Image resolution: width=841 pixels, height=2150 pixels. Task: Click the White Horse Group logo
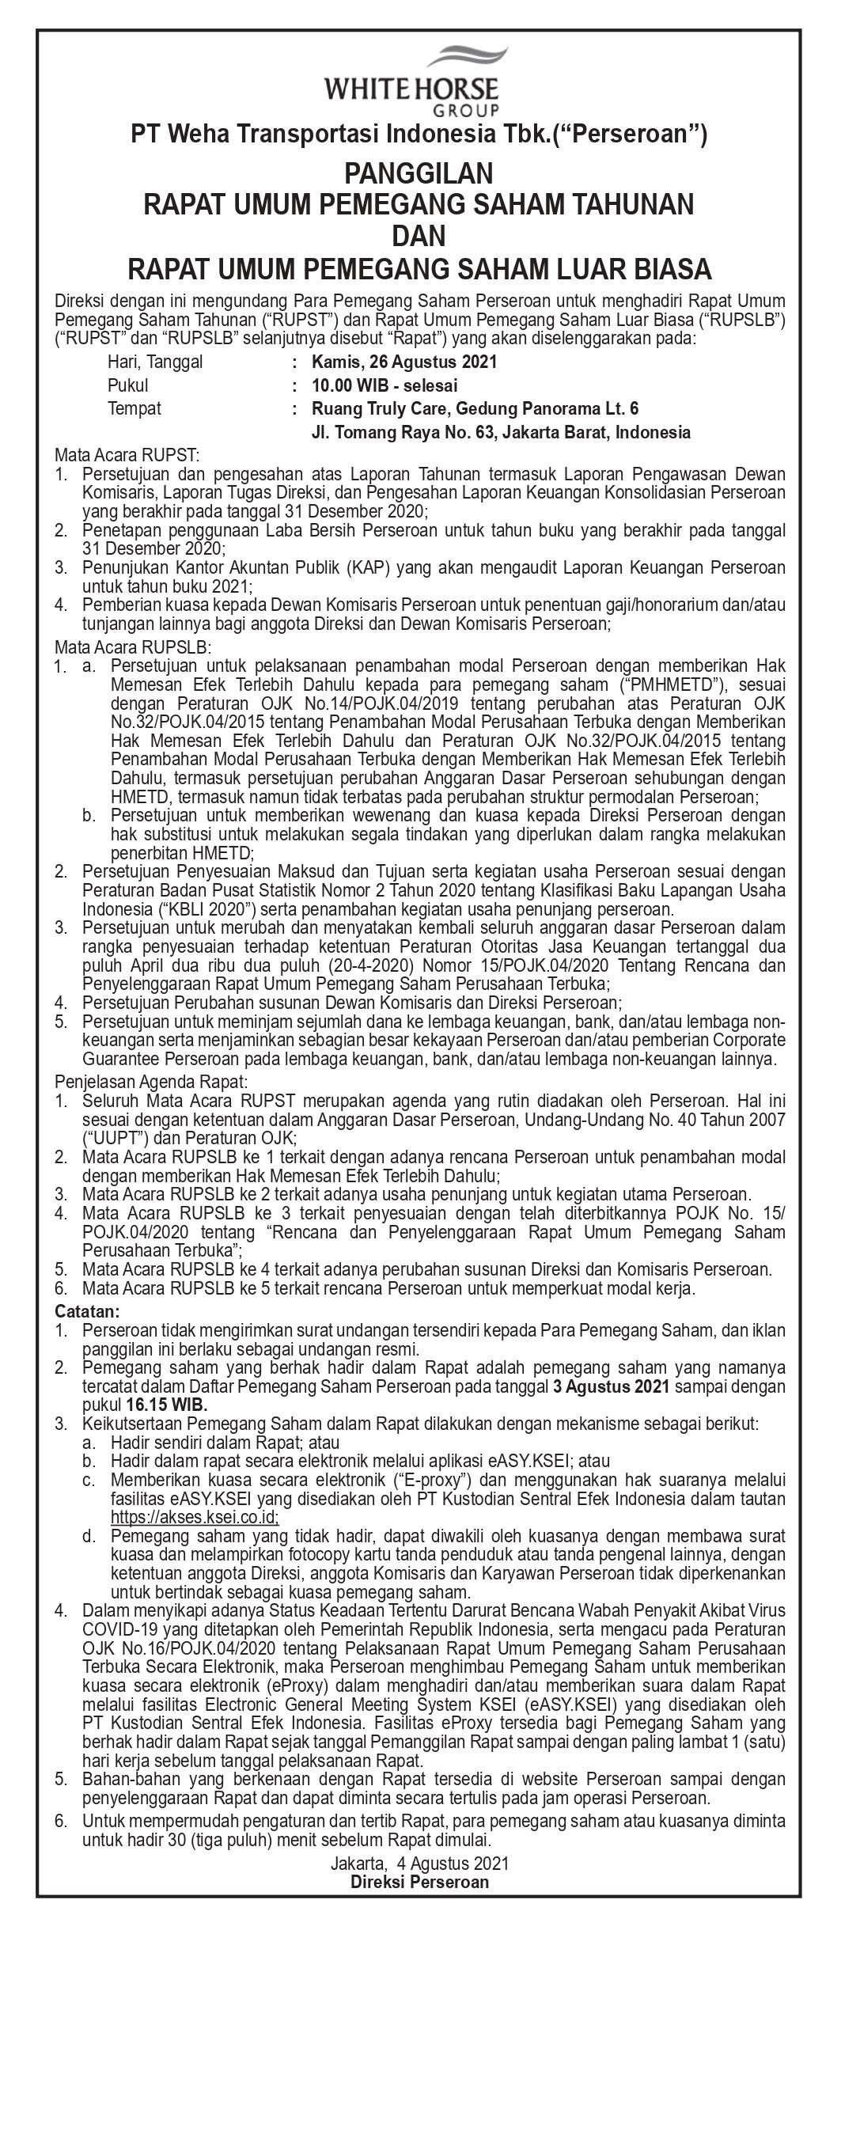419,82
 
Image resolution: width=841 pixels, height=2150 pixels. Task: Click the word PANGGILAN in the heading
419,173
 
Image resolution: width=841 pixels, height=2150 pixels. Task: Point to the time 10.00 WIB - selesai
384,385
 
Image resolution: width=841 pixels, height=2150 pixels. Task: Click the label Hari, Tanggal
154,362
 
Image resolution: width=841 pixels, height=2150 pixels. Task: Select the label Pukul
127,385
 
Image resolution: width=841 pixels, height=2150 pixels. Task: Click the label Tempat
134,409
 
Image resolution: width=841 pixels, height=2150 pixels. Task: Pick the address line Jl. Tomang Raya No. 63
501,432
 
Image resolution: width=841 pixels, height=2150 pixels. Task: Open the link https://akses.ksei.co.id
195,1518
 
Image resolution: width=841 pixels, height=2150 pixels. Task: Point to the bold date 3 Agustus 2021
612,1387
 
